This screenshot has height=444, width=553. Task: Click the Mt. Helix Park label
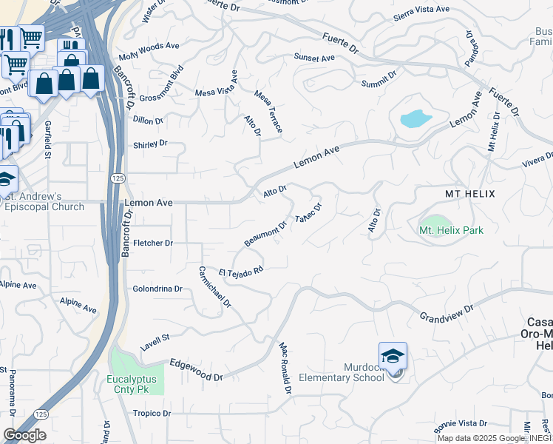tap(451, 230)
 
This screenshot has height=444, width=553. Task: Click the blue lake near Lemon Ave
tap(415, 118)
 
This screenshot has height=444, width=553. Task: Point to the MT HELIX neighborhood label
tap(469, 194)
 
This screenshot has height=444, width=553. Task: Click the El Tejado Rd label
tap(241, 272)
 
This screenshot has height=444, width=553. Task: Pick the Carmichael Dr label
tap(215, 286)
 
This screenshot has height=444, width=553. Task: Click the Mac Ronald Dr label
tap(284, 367)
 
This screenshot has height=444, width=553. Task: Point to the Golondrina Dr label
tap(157, 289)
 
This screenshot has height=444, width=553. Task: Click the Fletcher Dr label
tap(152, 243)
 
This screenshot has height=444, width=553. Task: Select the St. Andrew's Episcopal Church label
tap(44, 201)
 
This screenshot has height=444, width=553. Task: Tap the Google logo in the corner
tap(24, 435)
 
